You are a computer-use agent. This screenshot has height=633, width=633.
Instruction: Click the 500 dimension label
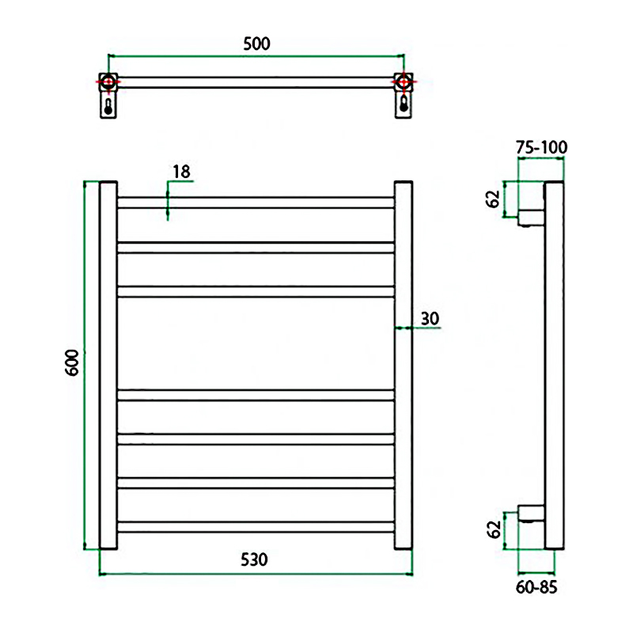tap(256, 44)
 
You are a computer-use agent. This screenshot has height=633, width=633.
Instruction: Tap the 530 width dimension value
tap(254, 559)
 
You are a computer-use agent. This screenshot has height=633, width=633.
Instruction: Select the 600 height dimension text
tap(72, 363)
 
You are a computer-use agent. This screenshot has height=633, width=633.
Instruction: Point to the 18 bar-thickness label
tap(181, 172)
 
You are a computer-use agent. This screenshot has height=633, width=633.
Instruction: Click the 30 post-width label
tap(430, 319)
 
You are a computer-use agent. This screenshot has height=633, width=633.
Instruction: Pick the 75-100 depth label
tap(541, 147)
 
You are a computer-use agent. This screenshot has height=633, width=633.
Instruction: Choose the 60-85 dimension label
tap(536, 587)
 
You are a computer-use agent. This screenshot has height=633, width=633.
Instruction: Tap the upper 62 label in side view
tap(493, 199)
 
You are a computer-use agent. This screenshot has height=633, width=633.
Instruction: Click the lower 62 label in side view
tap(493, 529)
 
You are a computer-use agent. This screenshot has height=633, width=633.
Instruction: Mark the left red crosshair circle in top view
tap(108, 82)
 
